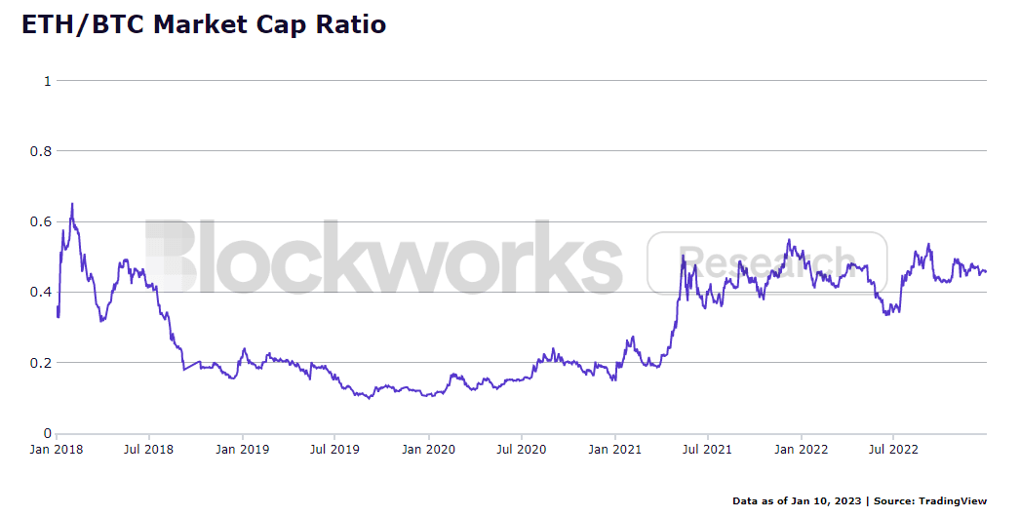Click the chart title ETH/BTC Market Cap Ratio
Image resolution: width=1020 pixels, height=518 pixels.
click(204, 24)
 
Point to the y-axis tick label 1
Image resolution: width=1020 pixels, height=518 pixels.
click(47, 81)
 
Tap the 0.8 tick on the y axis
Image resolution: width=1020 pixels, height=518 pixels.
click(40, 151)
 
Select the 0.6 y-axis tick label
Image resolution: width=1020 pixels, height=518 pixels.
click(40, 221)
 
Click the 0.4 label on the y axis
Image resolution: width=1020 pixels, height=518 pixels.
click(40, 293)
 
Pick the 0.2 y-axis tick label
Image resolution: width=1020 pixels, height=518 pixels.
click(40, 363)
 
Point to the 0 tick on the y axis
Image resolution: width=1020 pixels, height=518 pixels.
click(47, 433)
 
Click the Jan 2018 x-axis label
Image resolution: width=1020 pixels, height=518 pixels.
click(57, 450)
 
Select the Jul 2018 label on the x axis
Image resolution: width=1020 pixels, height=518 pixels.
click(149, 450)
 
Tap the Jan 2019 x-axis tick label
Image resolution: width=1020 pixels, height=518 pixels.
click(243, 450)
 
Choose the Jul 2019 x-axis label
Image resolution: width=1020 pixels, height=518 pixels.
click(334, 450)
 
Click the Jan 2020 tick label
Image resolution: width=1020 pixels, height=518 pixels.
click(429, 450)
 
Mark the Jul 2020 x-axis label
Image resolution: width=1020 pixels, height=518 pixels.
click(521, 450)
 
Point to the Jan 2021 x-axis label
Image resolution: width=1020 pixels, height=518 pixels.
click(614, 450)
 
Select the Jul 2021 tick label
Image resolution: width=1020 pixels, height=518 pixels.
click(707, 450)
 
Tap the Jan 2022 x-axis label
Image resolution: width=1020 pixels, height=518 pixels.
click(801, 450)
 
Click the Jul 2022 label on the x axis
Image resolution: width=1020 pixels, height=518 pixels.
click(893, 450)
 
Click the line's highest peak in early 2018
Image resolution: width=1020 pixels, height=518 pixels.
click(72, 204)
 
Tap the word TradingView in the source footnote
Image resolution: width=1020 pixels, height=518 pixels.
click(953, 501)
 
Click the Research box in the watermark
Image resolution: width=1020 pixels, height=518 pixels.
click(767, 263)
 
